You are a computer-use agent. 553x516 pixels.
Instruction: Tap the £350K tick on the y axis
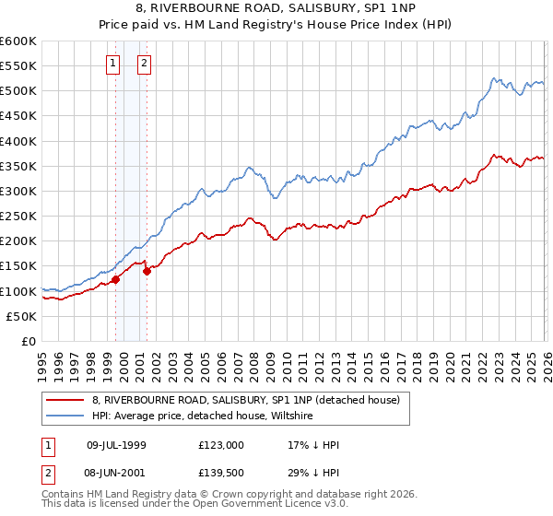pos(18,167)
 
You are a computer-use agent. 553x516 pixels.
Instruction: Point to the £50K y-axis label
pos(21,316)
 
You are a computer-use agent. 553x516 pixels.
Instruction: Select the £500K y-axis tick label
pos(18,91)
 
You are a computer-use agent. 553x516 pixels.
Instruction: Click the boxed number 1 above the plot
pos(112,64)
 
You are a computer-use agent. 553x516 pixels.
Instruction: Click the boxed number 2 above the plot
pos(145,64)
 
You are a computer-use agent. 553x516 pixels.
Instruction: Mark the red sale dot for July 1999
pos(115,279)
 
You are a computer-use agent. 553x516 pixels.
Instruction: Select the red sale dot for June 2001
pos(147,271)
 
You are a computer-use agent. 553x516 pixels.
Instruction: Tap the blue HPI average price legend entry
pos(203,416)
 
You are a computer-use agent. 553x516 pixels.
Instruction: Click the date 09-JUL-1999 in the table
pos(116,445)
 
